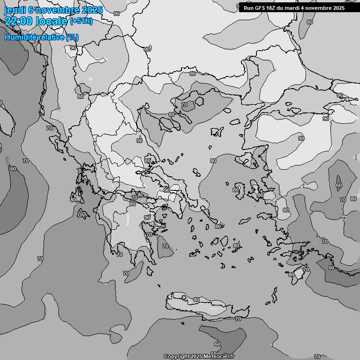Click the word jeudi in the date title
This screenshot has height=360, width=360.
15,10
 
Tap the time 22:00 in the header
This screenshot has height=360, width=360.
19,21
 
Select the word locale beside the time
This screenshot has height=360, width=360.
52,21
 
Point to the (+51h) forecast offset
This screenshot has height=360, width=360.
81,21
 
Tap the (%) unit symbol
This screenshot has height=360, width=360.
72,37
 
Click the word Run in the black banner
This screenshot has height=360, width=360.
248,8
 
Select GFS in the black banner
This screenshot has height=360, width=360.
260,8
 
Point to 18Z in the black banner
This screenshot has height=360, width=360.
272,8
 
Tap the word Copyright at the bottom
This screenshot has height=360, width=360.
176,357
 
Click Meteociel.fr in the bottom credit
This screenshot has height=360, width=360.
219,357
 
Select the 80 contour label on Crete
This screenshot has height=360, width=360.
196,300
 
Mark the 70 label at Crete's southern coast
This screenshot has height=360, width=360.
238,319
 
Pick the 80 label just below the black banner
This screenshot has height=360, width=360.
309,22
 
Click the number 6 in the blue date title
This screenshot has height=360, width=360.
30,10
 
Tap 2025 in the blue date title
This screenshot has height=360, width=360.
92,10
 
